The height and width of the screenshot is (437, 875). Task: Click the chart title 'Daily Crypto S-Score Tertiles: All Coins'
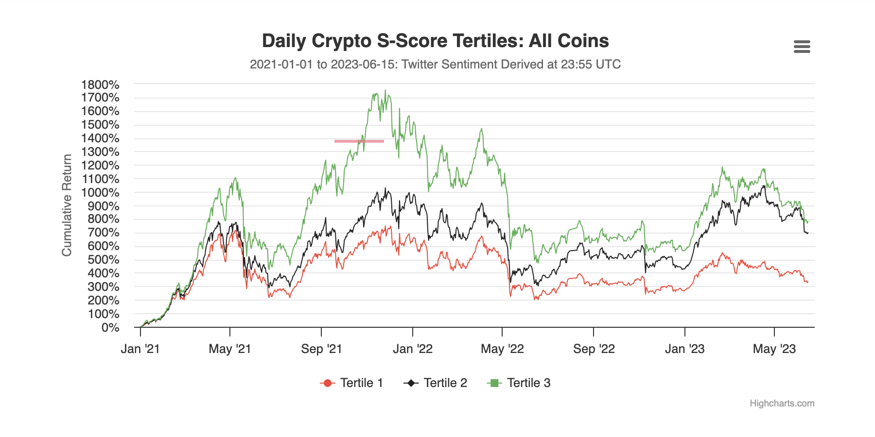coord(435,41)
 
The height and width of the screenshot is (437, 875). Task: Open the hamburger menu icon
coord(802,47)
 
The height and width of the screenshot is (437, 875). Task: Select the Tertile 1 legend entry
coord(352,383)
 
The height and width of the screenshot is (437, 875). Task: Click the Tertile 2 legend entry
coord(436,383)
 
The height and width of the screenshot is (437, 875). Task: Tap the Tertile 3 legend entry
coord(519,383)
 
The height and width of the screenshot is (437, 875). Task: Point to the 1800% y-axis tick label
coord(100,85)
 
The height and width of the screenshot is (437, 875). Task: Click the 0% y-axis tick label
coord(110,328)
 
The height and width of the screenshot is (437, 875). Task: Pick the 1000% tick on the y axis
coord(100,193)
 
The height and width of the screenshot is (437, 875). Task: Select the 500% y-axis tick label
coord(104,260)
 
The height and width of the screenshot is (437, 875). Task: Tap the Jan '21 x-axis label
coord(140,349)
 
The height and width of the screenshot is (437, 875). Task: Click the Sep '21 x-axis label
coord(321,349)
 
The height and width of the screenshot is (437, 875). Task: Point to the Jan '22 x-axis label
coord(413,349)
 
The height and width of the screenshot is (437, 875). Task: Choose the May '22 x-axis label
coord(502,349)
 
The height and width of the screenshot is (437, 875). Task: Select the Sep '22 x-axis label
coord(594,349)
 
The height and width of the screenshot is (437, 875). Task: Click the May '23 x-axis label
coord(774,349)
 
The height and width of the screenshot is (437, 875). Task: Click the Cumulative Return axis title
coord(67,205)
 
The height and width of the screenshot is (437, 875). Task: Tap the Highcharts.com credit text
coord(782,403)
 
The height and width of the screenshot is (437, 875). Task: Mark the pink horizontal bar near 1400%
coord(359,141)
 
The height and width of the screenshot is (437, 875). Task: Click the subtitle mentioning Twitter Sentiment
coord(435,65)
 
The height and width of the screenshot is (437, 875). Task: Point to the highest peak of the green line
coord(385,90)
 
